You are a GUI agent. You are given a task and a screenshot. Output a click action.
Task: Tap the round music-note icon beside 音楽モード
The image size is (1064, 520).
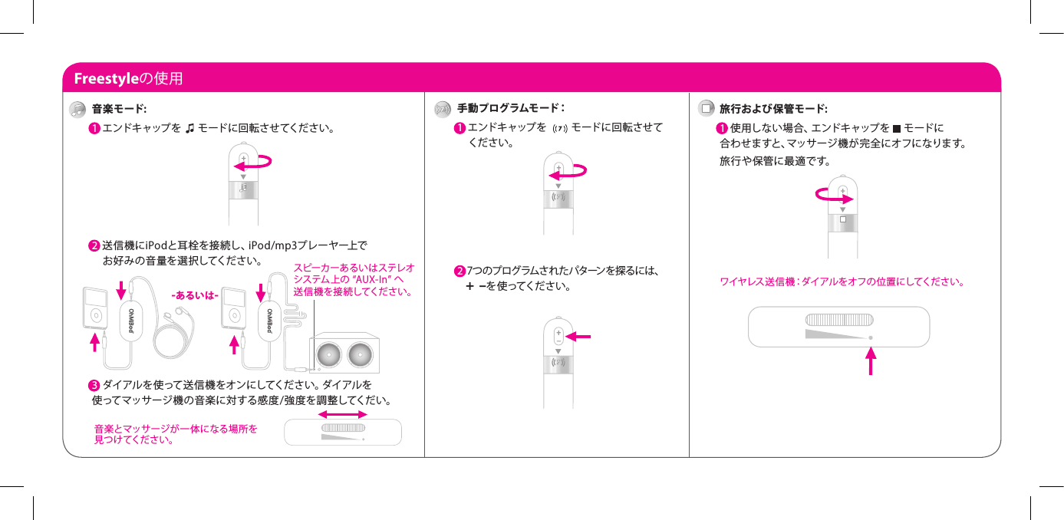tap(77, 109)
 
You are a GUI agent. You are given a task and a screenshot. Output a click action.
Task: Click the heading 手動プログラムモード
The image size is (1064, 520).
tap(509, 108)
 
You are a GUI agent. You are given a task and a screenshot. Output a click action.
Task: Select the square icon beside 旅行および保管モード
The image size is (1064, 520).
tap(705, 108)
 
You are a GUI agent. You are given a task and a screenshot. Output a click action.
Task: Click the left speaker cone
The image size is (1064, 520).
tap(328, 354)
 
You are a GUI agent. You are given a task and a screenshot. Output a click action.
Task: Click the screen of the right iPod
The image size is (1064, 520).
tap(230, 298)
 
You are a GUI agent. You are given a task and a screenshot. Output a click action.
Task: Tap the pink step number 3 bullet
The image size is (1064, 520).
tap(93, 384)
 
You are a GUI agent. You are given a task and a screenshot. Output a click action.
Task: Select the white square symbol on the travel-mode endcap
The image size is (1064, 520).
tap(842, 219)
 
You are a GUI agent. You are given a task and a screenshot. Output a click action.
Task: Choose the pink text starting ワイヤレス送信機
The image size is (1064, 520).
tap(841, 281)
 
